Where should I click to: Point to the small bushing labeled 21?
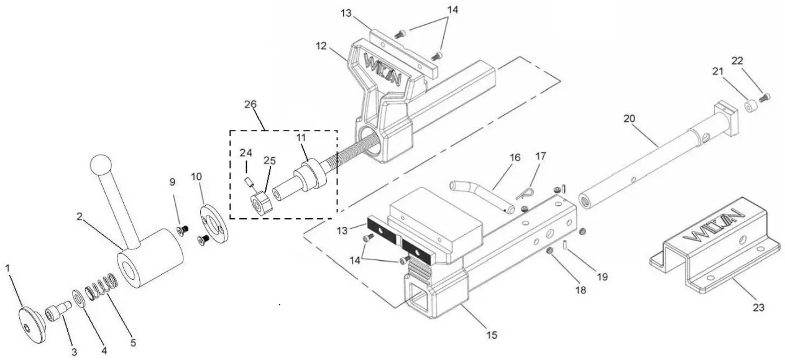pyautogui.click(x=750, y=106)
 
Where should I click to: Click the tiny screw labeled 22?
pyautogui.click(x=766, y=97)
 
